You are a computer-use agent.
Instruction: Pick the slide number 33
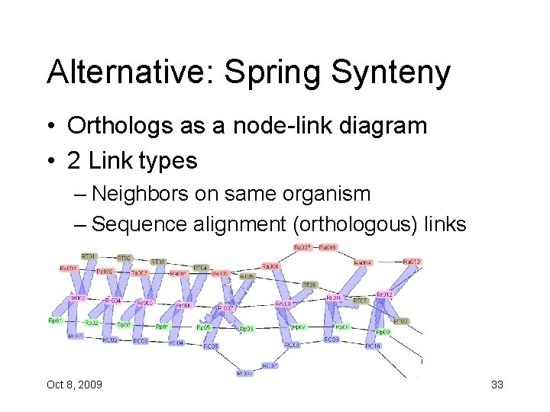tap(497, 385)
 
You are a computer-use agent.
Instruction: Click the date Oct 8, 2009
tap(74, 385)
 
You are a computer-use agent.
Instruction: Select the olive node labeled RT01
tap(89, 256)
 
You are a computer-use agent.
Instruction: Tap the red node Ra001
tap(69, 269)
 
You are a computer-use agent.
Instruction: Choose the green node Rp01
tap(56, 321)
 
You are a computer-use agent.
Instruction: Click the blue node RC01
tap(75, 336)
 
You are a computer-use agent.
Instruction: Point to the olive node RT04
tap(201, 268)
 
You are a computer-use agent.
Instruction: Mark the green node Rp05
tap(203, 327)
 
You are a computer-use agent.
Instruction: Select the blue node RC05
tap(211, 346)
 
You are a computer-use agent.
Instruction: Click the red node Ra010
tap(412, 262)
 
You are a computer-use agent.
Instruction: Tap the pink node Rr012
tap(384, 295)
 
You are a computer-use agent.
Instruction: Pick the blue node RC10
tap(373, 346)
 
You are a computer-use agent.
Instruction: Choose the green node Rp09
tap(383, 332)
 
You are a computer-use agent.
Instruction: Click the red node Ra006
tap(270, 266)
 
